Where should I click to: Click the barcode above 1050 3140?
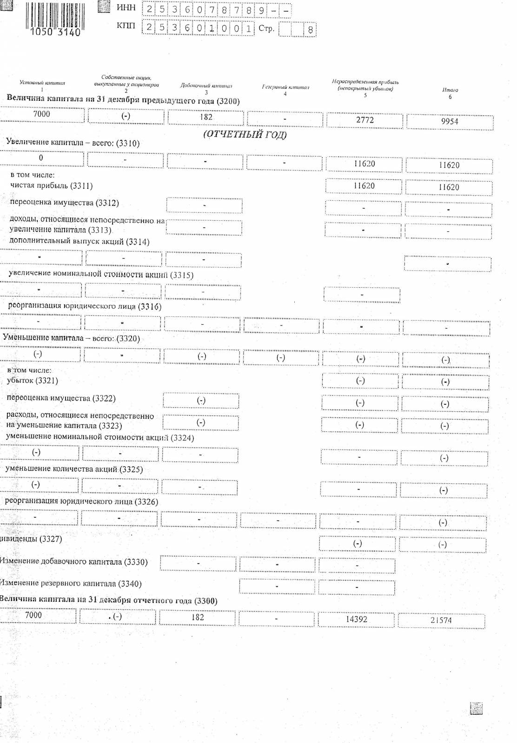[x=55, y=16]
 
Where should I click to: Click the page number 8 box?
[x=310, y=30]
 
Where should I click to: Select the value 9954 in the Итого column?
[x=450, y=122]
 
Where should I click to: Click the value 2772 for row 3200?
[x=365, y=120]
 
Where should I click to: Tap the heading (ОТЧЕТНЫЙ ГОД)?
[x=245, y=135]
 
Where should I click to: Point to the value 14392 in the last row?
[x=357, y=619]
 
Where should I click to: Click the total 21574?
[x=441, y=620]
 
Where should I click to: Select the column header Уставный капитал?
[x=42, y=83]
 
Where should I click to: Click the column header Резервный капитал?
[x=285, y=87]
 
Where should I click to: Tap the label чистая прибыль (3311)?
[x=52, y=186]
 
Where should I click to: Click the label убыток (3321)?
[x=33, y=381]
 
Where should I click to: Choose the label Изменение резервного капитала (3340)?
[x=71, y=584]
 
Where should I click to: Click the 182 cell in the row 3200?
[x=206, y=117]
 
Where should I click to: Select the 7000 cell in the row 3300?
[x=33, y=615]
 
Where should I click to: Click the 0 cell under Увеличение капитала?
[x=41, y=158]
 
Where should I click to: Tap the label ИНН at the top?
[x=126, y=8]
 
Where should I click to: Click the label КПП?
[x=126, y=26]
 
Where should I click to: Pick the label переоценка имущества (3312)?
[x=64, y=203]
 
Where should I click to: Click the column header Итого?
[x=450, y=90]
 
